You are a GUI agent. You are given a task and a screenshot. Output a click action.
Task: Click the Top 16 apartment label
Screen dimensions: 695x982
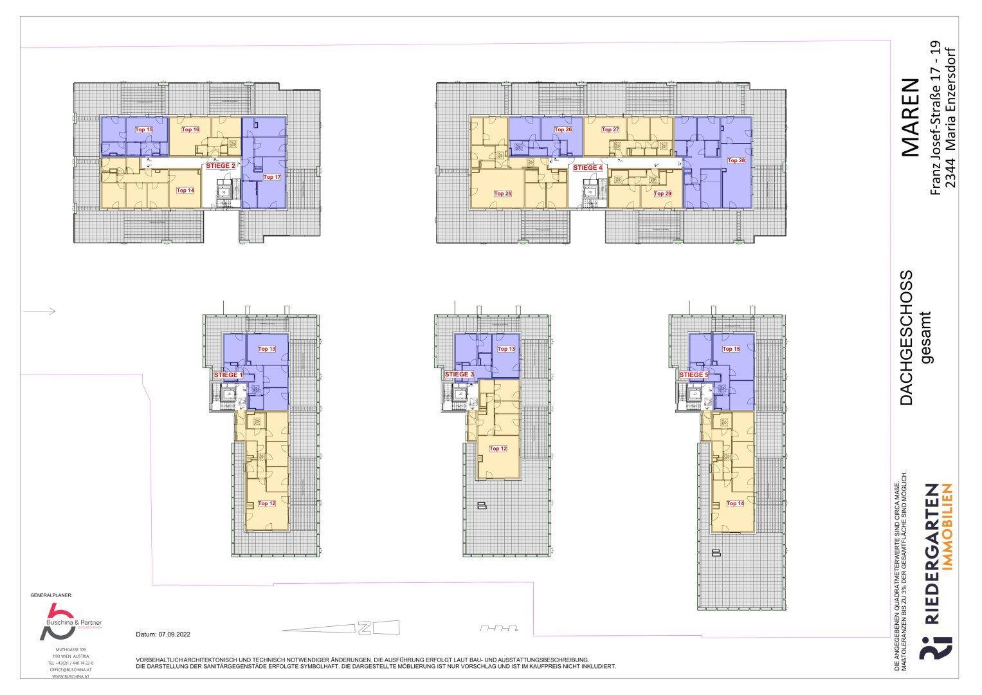[190, 129]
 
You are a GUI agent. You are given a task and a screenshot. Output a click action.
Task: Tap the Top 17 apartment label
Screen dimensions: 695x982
[272, 177]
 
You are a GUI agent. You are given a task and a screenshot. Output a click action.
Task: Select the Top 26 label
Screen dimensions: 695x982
[563, 129]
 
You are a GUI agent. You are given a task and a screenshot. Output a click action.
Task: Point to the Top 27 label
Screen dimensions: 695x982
[610, 129]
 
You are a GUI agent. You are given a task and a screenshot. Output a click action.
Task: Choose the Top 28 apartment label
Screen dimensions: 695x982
[736, 160]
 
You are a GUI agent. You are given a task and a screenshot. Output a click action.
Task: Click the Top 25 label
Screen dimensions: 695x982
[503, 193]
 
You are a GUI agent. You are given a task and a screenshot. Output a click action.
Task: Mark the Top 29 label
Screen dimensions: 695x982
[662, 193]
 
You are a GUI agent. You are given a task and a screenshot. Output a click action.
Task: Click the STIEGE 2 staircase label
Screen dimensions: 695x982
[221, 165]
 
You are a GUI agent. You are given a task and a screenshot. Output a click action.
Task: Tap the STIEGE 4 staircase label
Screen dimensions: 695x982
[588, 167]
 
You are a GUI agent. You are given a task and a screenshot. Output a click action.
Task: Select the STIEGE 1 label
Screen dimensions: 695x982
[228, 375]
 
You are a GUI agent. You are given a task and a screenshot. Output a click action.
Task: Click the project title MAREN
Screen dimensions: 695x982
[911, 117]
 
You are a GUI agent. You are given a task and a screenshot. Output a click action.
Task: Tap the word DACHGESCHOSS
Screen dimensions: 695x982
[906, 338]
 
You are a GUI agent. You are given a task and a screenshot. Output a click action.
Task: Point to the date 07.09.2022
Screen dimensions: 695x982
[163, 634]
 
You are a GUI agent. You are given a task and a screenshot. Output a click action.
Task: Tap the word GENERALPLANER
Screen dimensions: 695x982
[51, 596]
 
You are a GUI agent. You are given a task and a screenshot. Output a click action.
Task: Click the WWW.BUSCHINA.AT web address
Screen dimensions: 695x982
[71, 677]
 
